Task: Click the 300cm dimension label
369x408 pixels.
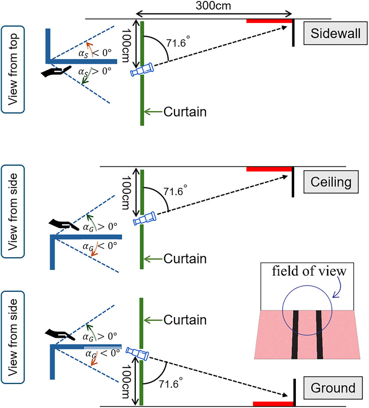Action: pos(213,6)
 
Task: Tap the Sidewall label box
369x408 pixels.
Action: pos(335,33)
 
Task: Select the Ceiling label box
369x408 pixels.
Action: pos(331,182)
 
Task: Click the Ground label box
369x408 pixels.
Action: pos(333,388)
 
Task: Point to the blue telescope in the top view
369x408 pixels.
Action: pos(142,70)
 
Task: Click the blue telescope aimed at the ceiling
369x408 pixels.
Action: pos(145,219)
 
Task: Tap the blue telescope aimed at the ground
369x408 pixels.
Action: pos(137,354)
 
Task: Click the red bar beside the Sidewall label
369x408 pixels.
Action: pos(269,21)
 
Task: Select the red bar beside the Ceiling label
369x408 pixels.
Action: pos(269,169)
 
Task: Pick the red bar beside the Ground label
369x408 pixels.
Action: pos(273,404)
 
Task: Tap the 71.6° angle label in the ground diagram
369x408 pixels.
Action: pos(170,383)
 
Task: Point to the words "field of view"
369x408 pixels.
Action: pos(309,271)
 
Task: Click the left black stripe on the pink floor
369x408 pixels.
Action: pos(295,335)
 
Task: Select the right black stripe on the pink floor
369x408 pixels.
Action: pos(319,335)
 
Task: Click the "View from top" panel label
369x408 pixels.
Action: pos(13,70)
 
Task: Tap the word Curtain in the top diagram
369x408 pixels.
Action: pos(185,112)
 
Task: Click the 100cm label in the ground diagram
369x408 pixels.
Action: pos(125,381)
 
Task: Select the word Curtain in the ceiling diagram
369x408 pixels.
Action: pos(185,259)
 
